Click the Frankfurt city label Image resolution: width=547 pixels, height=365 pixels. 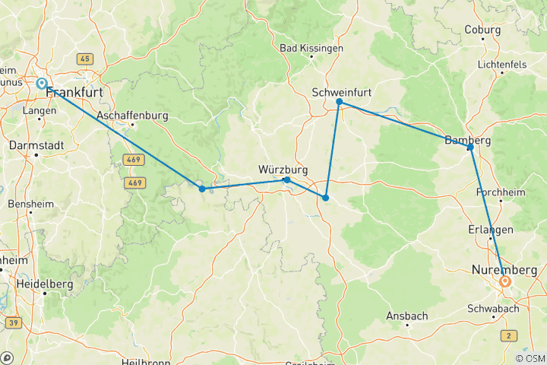click(75, 93)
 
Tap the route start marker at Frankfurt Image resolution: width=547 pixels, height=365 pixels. click(41, 84)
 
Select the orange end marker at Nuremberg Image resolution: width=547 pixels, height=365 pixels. click(505, 282)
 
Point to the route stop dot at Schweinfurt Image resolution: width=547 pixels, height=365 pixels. click(340, 102)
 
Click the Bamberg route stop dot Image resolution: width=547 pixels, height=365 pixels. click(471, 147)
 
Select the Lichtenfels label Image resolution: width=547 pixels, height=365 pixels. click(502, 65)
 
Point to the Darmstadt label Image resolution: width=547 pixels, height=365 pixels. click(35, 144)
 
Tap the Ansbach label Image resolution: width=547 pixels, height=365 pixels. click(407, 316)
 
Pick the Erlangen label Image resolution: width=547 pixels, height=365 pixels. click(491, 230)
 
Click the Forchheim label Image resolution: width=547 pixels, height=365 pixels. click(500, 192)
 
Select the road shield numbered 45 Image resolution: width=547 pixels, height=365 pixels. click(84, 59)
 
